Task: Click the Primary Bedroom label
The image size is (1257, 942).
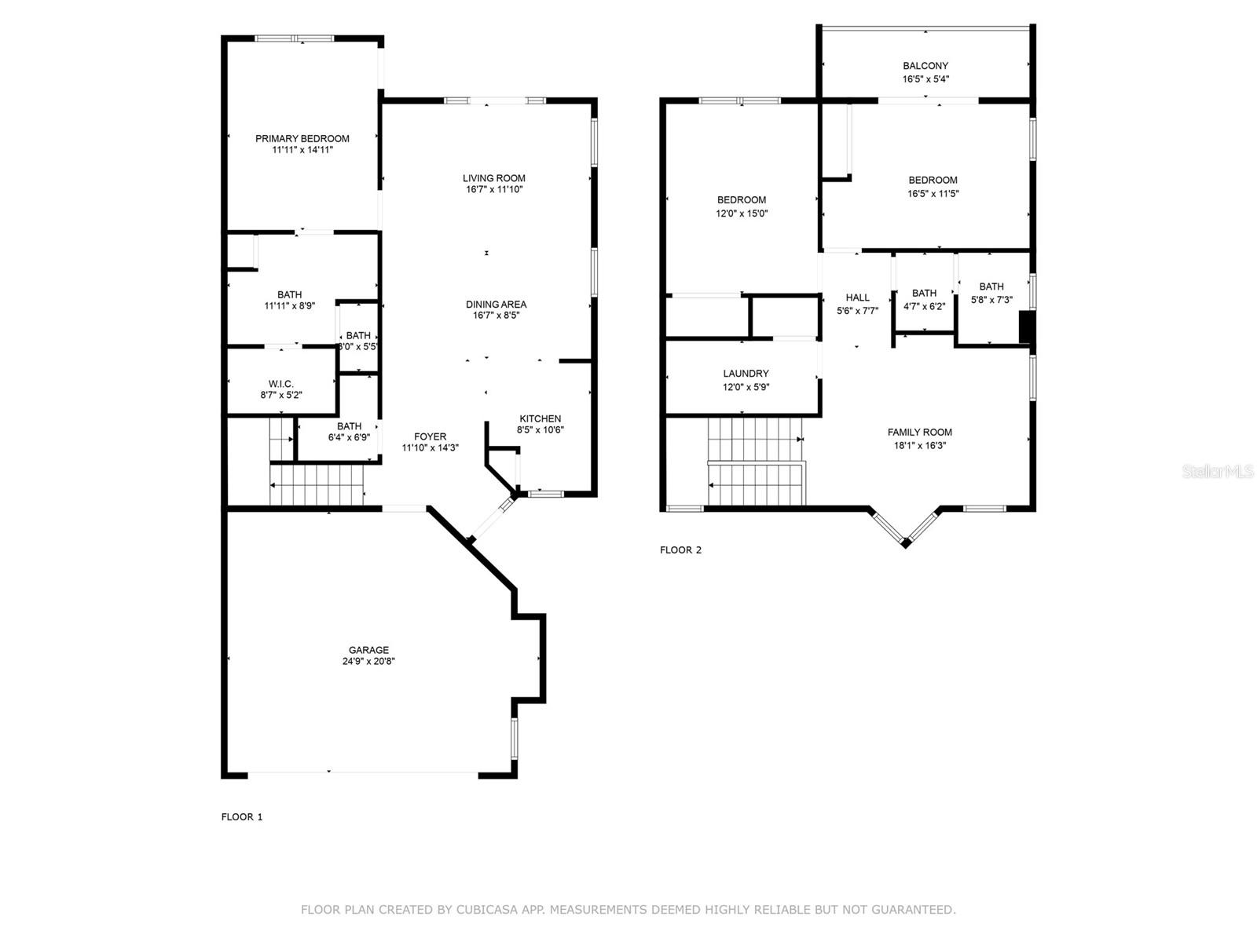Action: (x=302, y=138)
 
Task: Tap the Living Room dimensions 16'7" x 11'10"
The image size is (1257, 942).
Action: (x=493, y=189)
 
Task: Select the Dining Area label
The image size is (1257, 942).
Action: (x=496, y=305)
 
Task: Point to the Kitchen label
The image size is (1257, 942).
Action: (x=540, y=418)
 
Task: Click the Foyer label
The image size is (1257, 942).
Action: (x=430, y=436)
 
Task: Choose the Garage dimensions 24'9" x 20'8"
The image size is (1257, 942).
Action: (x=368, y=661)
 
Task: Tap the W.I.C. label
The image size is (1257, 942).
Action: (x=280, y=384)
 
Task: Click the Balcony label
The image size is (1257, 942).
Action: (x=925, y=66)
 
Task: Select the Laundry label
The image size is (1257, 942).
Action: (x=746, y=374)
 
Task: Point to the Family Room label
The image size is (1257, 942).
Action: (x=920, y=433)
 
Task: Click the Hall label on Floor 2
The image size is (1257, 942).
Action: (x=857, y=298)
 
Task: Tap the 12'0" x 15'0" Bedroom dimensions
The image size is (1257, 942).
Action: (x=742, y=214)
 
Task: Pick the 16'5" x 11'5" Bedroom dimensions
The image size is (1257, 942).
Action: (x=933, y=193)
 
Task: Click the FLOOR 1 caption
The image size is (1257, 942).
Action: (x=242, y=816)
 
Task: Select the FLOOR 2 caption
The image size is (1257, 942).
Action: (x=680, y=549)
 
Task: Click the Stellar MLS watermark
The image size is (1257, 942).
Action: (x=1218, y=471)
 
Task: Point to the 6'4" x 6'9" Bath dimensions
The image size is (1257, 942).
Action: (x=349, y=437)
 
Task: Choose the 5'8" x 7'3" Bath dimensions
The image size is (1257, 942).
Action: (x=991, y=300)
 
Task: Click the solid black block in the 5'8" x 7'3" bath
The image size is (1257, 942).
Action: (x=1026, y=327)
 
